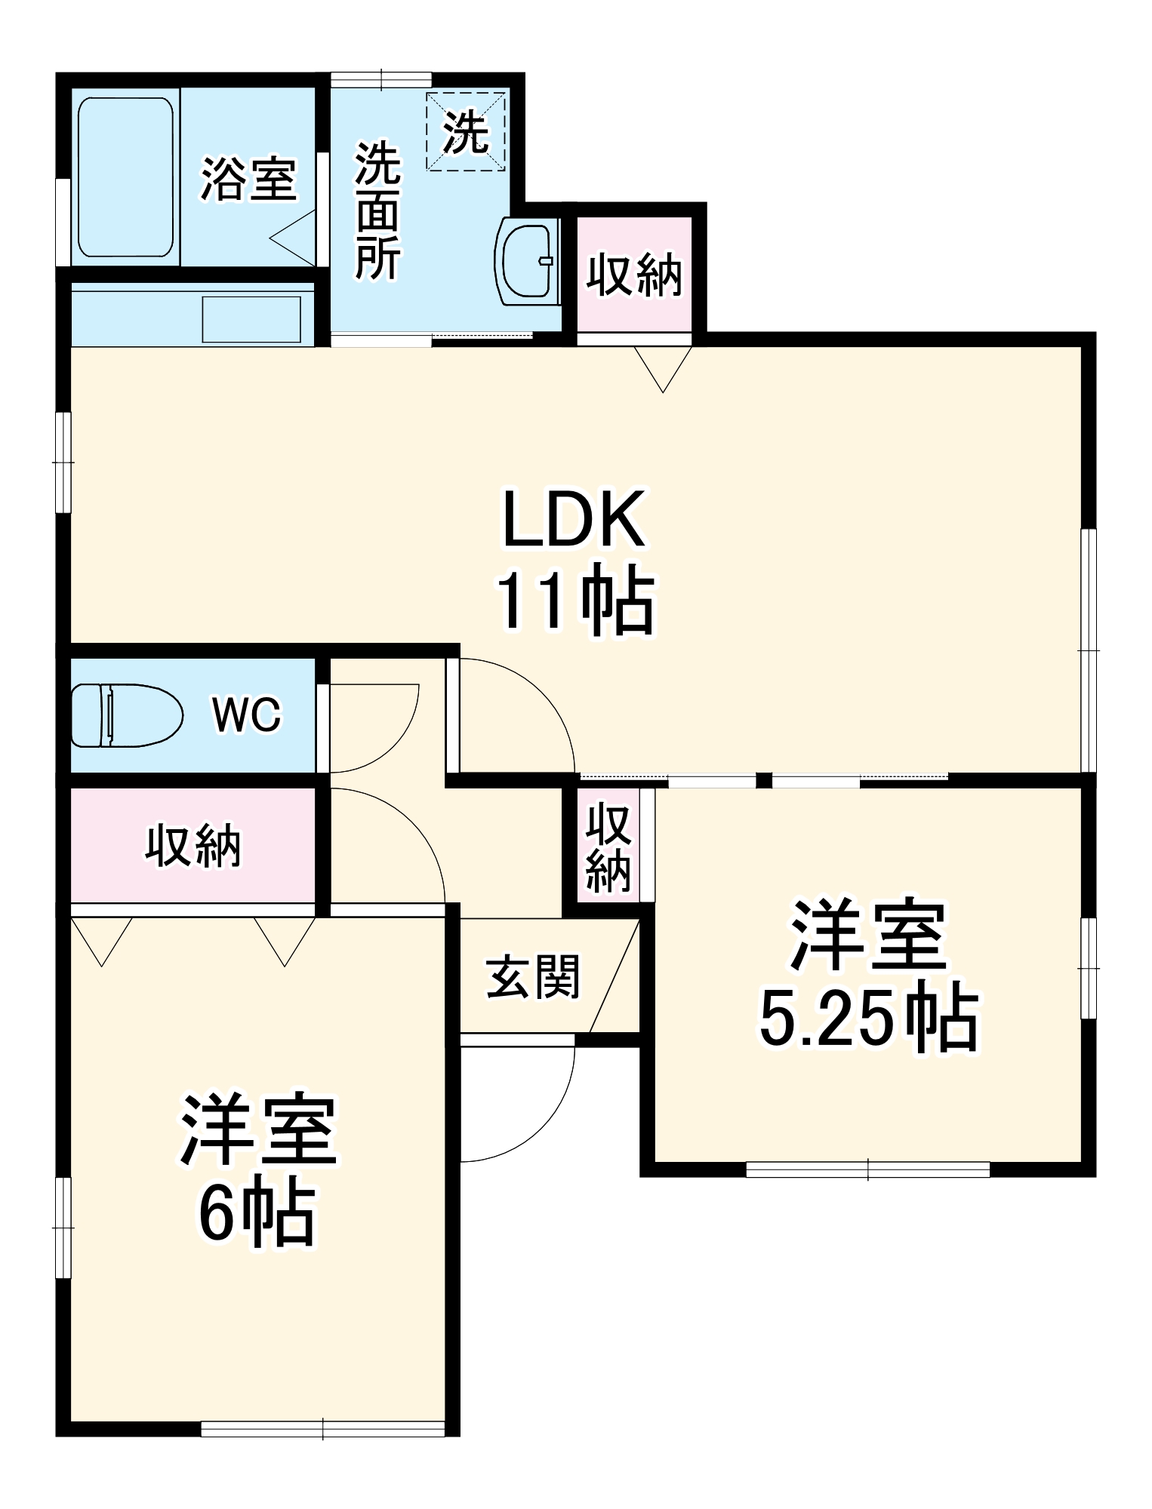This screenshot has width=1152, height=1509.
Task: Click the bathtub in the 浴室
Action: click(125, 177)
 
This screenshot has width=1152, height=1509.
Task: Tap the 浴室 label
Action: click(248, 180)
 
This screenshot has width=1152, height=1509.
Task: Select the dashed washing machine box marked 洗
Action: click(465, 132)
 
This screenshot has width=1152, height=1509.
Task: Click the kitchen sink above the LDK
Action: click(251, 319)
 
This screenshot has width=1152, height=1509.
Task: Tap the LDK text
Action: click(574, 519)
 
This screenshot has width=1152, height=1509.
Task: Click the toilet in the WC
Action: click(126, 715)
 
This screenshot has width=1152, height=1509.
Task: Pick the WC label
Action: click(247, 714)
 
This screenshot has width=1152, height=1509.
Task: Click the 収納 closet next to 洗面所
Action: click(634, 275)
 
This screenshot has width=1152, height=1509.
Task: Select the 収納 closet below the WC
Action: click(193, 845)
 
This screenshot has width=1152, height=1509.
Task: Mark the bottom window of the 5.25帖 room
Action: click(868, 1169)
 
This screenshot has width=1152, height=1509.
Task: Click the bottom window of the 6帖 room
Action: click(323, 1428)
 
